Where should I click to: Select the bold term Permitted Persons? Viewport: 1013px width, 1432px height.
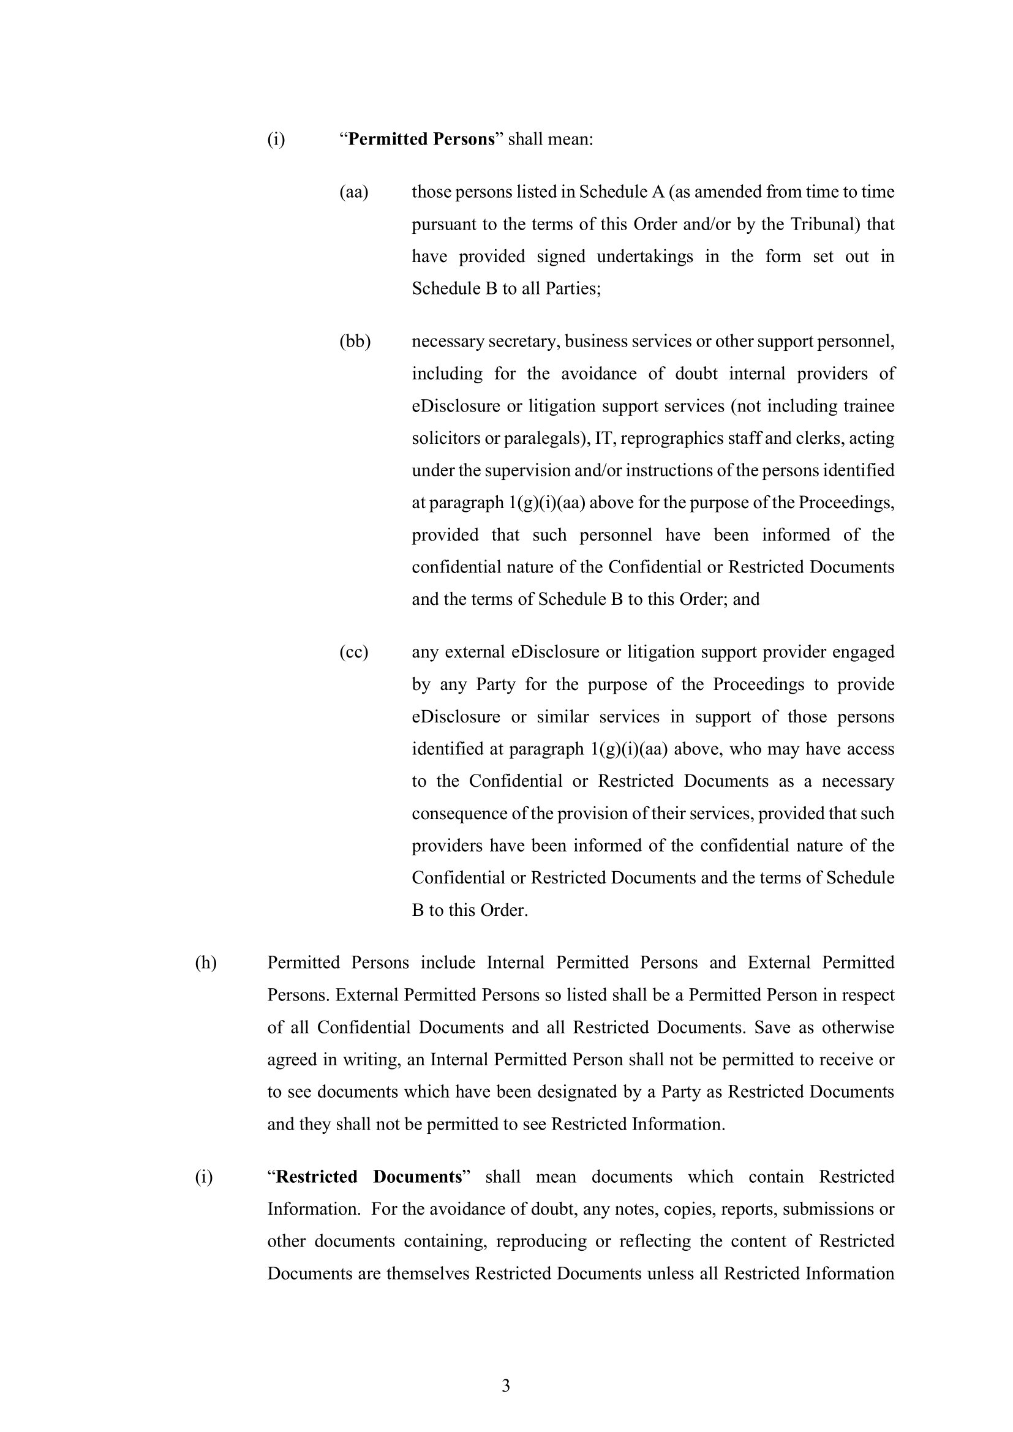click(421, 139)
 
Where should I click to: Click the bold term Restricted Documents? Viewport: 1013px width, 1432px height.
click(368, 1177)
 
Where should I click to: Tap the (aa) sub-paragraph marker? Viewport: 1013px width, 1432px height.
click(353, 192)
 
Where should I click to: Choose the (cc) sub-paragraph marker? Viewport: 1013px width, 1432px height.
click(353, 653)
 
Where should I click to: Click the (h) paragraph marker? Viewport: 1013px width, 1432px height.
click(206, 963)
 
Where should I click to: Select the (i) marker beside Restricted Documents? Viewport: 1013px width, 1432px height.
click(203, 1177)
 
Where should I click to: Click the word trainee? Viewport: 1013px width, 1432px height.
click(868, 407)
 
